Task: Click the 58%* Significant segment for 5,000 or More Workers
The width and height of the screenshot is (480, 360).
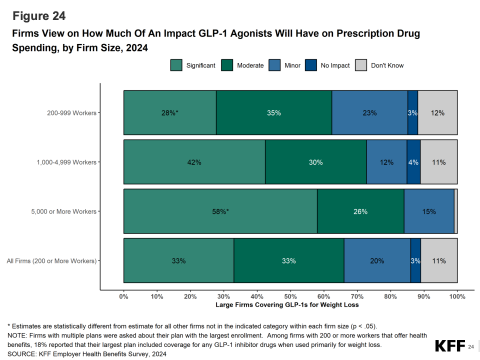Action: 220,211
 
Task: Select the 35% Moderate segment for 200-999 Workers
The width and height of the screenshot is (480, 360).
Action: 273,113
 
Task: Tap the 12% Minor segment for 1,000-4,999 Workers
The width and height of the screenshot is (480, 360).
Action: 386,162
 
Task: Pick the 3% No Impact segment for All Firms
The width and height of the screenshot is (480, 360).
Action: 415,261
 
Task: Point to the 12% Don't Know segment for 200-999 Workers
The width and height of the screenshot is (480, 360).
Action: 437,113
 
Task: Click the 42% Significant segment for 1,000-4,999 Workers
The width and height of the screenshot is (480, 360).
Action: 194,162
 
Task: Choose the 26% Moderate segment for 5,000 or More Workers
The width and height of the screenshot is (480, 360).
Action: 360,211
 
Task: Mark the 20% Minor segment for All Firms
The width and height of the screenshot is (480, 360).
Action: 377,261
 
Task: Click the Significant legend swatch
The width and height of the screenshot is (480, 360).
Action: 176,65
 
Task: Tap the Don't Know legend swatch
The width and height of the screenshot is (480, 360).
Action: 361,65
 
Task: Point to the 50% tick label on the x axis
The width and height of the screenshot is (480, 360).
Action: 290,296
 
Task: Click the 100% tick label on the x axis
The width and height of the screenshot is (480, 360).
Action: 457,296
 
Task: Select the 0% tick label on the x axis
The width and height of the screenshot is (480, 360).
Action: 123,296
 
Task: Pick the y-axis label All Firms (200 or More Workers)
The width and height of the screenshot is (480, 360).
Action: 51,261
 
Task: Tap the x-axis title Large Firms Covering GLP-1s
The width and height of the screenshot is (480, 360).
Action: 287,304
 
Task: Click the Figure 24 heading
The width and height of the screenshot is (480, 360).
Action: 39,16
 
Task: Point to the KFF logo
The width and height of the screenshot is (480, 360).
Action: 449,346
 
